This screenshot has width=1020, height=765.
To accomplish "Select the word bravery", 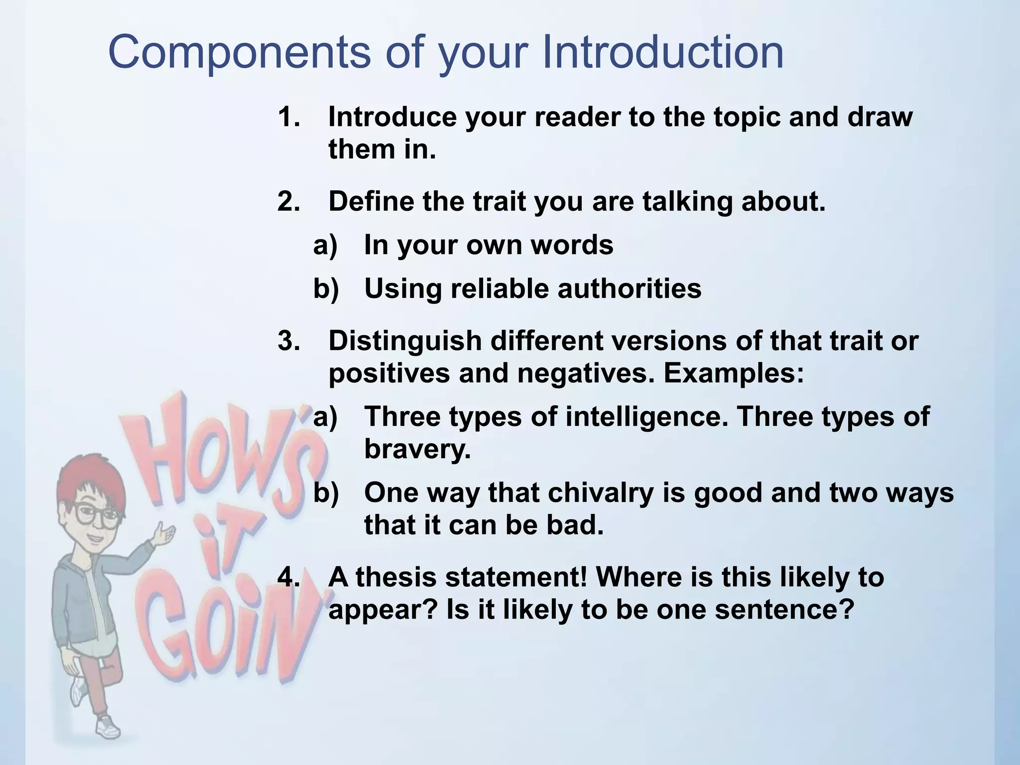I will point(417,449).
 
